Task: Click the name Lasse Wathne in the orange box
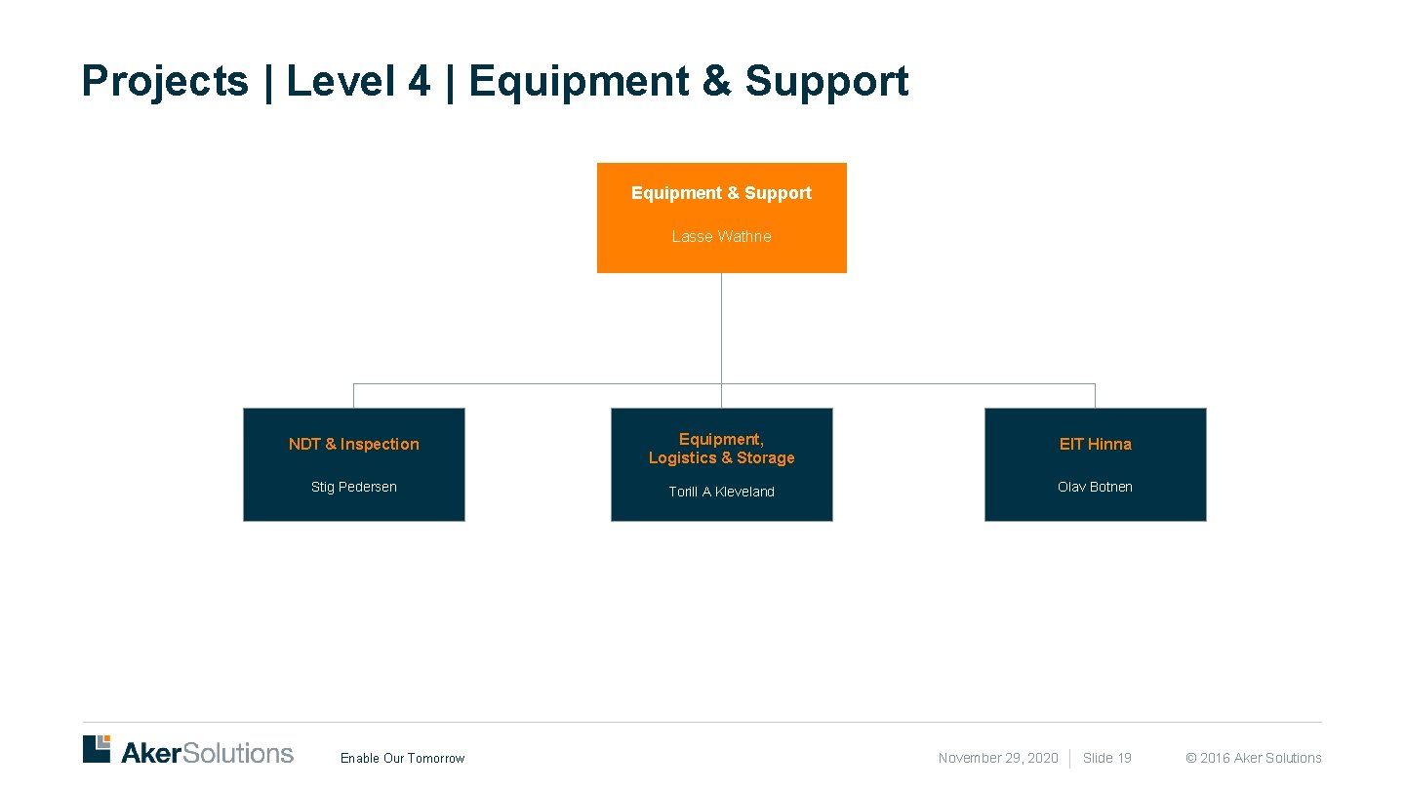[721, 237]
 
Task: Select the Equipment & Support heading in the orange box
[721, 193]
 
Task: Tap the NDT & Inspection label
[353, 445]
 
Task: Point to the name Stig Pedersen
[353, 487]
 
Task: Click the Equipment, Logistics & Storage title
[721, 449]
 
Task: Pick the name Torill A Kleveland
[721, 492]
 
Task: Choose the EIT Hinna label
[1095, 445]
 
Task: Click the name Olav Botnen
[1095, 487]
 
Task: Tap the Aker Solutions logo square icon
[97, 749]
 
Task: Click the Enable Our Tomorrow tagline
[402, 759]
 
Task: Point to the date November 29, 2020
[997, 759]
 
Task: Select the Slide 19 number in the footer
[1106, 759]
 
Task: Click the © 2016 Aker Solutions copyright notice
[1253, 759]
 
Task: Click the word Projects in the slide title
[165, 82]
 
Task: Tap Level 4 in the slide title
[358, 82]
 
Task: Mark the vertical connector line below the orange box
[721, 328]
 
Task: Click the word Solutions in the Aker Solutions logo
[237, 753]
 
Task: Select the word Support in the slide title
[826, 82]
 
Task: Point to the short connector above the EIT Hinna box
[1095, 396]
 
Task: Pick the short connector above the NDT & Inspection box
[353, 396]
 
